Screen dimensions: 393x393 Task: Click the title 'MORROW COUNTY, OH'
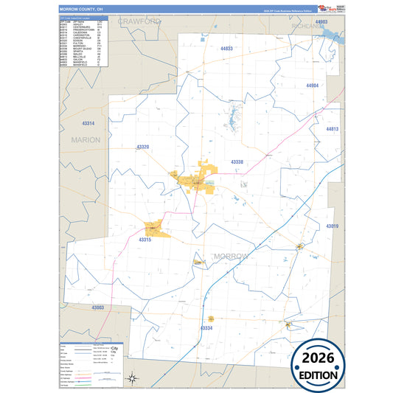[x=82, y=10]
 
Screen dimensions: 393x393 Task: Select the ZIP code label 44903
[x=321, y=23]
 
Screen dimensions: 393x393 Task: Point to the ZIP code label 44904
[x=313, y=86]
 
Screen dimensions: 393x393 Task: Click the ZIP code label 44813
[x=332, y=129]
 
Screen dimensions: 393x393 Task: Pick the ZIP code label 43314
[x=88, y=122]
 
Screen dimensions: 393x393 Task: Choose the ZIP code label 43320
[x=142, y=147]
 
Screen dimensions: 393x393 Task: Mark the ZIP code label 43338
[x=237, y=161]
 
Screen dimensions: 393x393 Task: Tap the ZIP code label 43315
[x=145, y=240]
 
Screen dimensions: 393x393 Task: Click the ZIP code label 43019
[x=332, y=226]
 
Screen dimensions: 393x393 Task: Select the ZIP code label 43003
[x=98, y=307]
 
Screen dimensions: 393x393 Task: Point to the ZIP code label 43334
[x=206, y=327]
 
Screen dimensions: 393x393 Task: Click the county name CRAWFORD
[x=139, y=22]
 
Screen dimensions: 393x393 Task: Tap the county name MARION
[x=86, y=139]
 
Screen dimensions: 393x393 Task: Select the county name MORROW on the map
[x=232, y=256]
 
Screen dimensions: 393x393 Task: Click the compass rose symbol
[x=132, y=379]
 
